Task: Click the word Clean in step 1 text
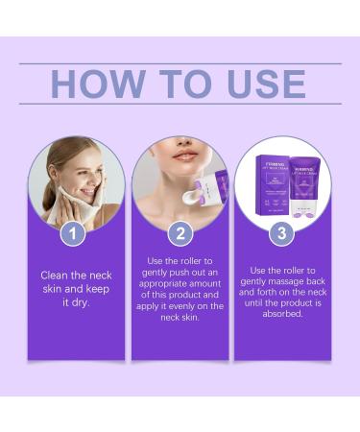(54, 276)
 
